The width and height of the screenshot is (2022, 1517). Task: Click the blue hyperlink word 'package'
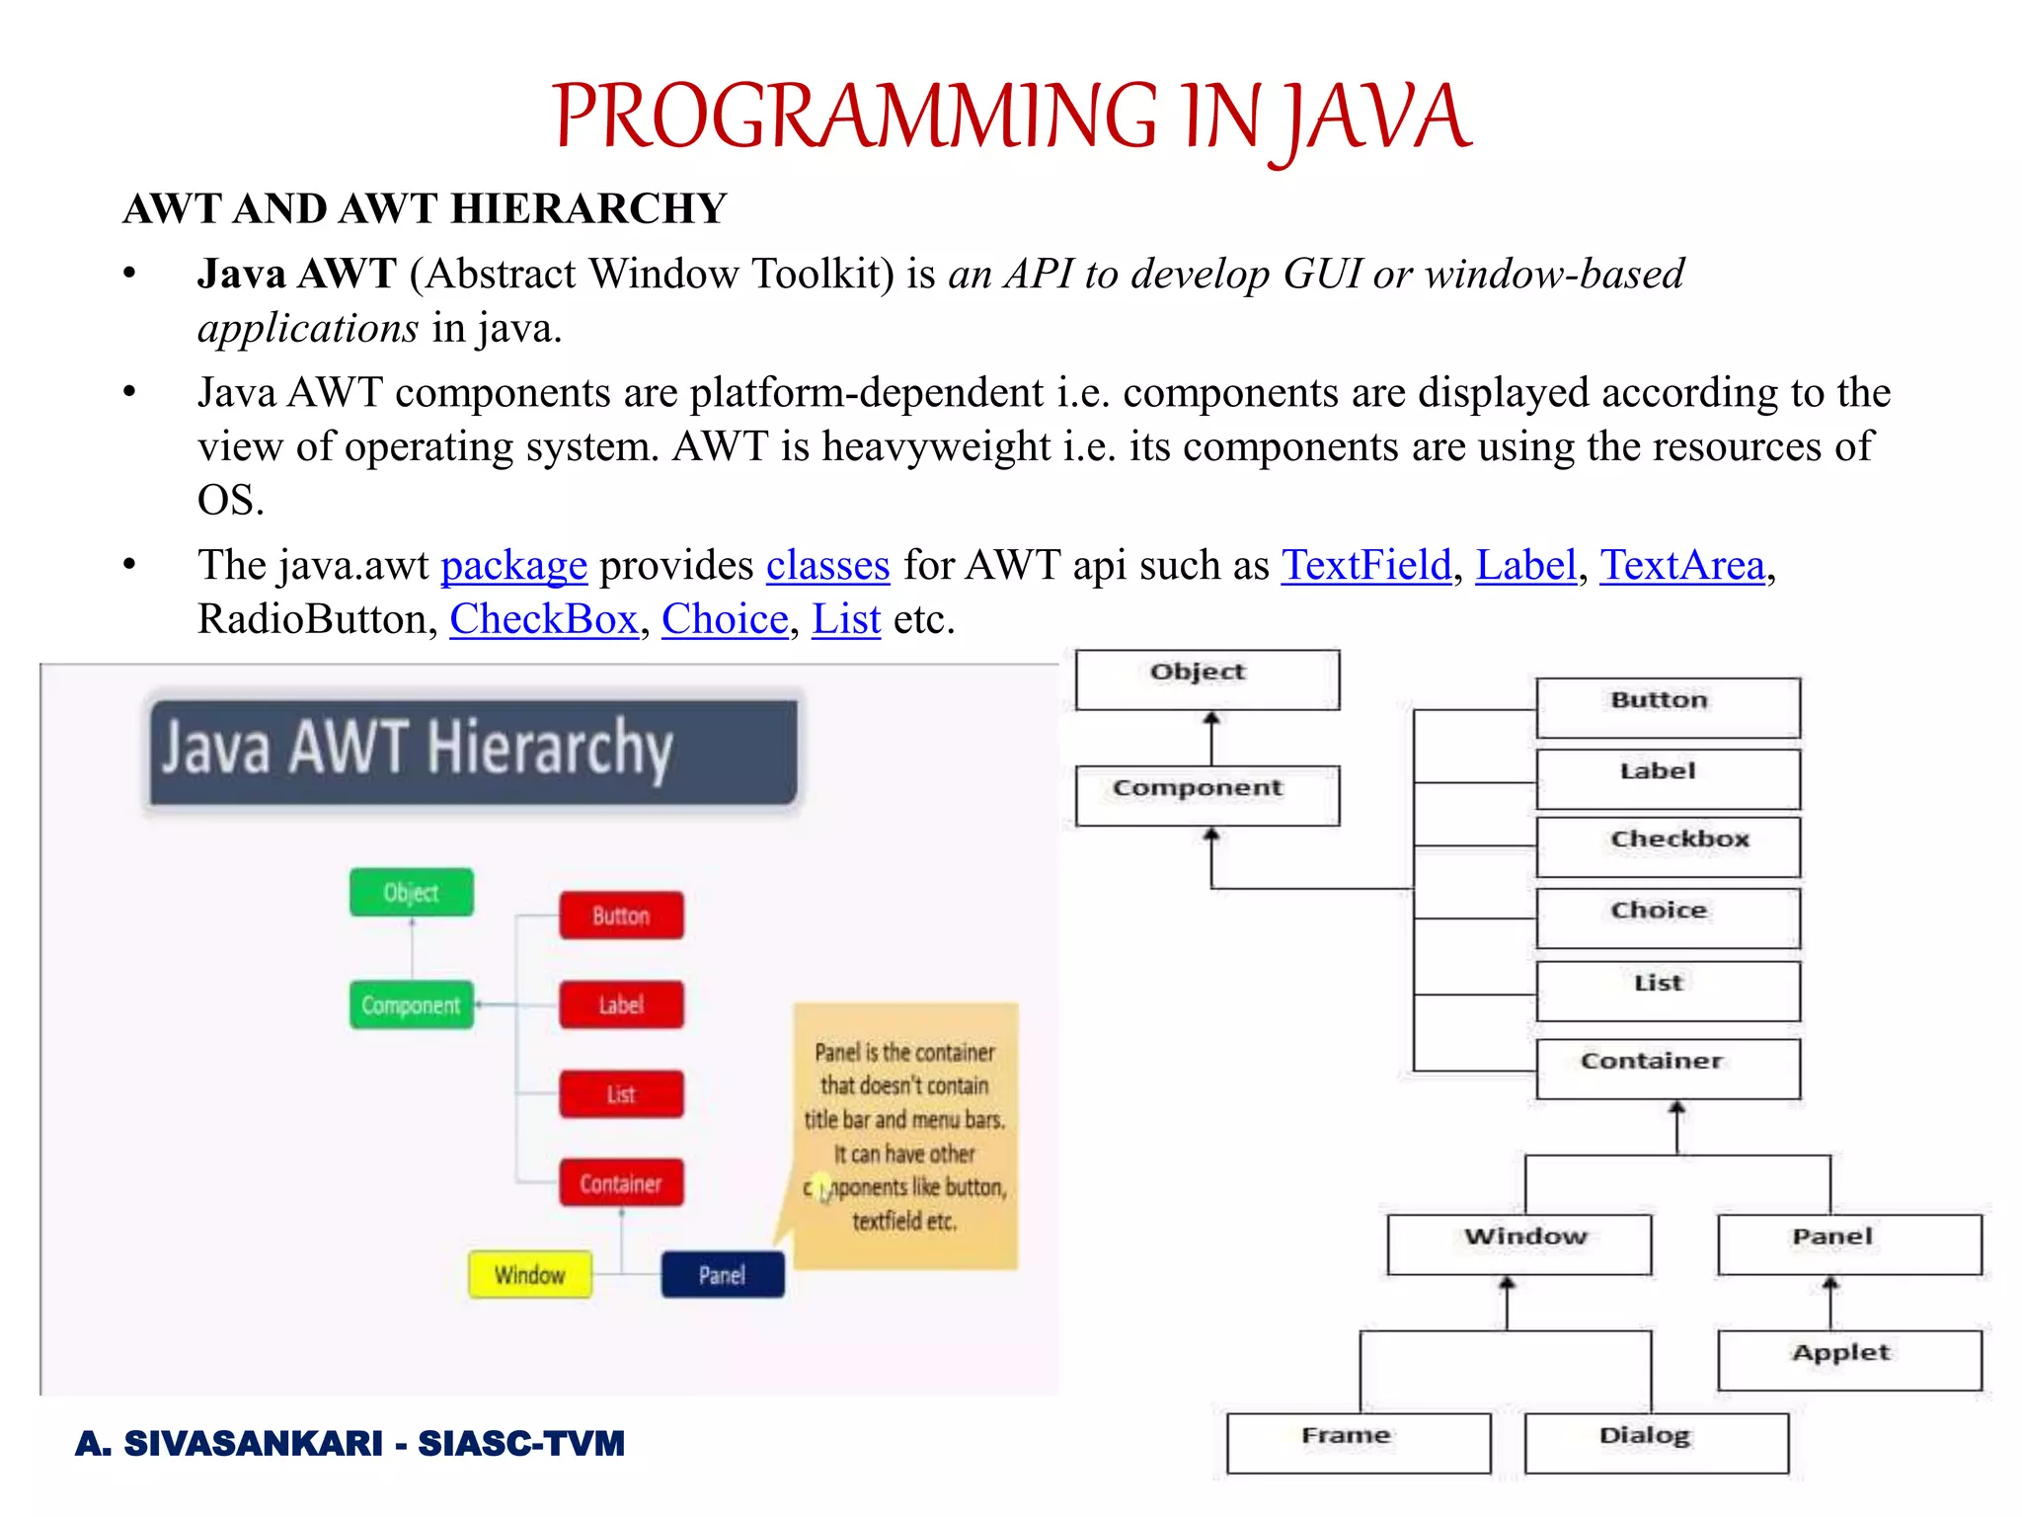(513, 566)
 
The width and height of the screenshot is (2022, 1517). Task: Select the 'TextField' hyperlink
(1366, 566)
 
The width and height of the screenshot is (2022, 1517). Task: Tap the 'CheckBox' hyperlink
(544, 620)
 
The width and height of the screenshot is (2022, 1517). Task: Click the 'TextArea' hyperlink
(1681, 566)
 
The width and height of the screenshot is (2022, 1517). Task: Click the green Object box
(411, 893)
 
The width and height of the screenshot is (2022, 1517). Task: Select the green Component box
(411, 1005)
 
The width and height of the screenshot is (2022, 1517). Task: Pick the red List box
(621, 1094)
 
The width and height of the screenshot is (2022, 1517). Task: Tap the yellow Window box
(530, 1275)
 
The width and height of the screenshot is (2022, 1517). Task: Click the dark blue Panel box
(723, 1275)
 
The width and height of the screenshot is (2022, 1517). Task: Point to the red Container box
(621, 1183)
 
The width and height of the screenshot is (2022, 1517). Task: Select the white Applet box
(1848, 1360)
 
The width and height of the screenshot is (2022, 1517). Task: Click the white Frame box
(1358, 1443)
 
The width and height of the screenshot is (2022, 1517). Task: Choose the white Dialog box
(1656, 1443)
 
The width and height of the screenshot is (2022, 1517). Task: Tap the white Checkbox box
(1668, 846)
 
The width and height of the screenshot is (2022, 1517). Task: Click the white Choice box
(1668, 918)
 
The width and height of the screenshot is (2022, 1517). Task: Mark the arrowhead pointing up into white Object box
(1211, 719)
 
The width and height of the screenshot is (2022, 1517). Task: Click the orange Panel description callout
(904, 1136)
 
